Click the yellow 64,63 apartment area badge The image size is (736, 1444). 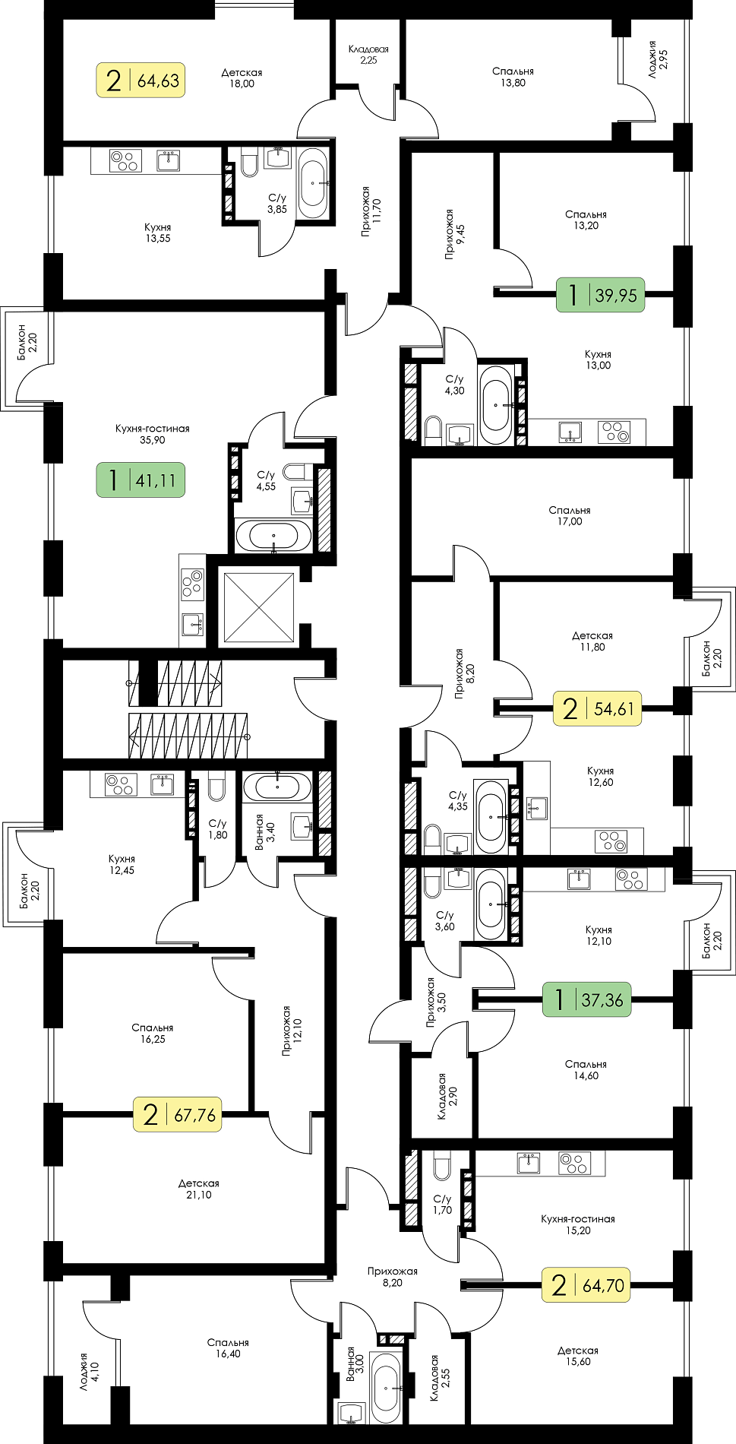[x=141, y=80]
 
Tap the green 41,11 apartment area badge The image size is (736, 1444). [x=141, y=480]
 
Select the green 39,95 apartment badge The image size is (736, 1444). [x=601, y=294]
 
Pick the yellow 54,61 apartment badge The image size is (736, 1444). [x=597, y=708]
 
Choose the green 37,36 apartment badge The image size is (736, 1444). [x=587, y=999]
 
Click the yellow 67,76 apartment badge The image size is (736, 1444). [x=178, y=1114]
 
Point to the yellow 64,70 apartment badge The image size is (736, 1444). [x=586, y=1284]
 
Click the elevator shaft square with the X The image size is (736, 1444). [x=259, y=607]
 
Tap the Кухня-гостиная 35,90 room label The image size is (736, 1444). [x=153, y=434]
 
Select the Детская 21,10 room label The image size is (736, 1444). [x=199, y=1189]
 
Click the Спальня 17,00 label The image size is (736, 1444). [x=570, y=516]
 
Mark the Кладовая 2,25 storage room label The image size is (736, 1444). [x=368, y=55]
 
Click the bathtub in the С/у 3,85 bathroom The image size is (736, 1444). [x=313, y=183]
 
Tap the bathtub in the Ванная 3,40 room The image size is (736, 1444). [x=277, y=786]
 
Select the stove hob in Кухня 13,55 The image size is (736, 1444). [x=125, y=161]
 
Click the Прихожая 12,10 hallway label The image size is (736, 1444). [x=291, y=1031]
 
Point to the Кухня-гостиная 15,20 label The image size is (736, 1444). [x=578, y=1224]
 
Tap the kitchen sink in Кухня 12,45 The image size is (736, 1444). [x=162, y=784]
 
